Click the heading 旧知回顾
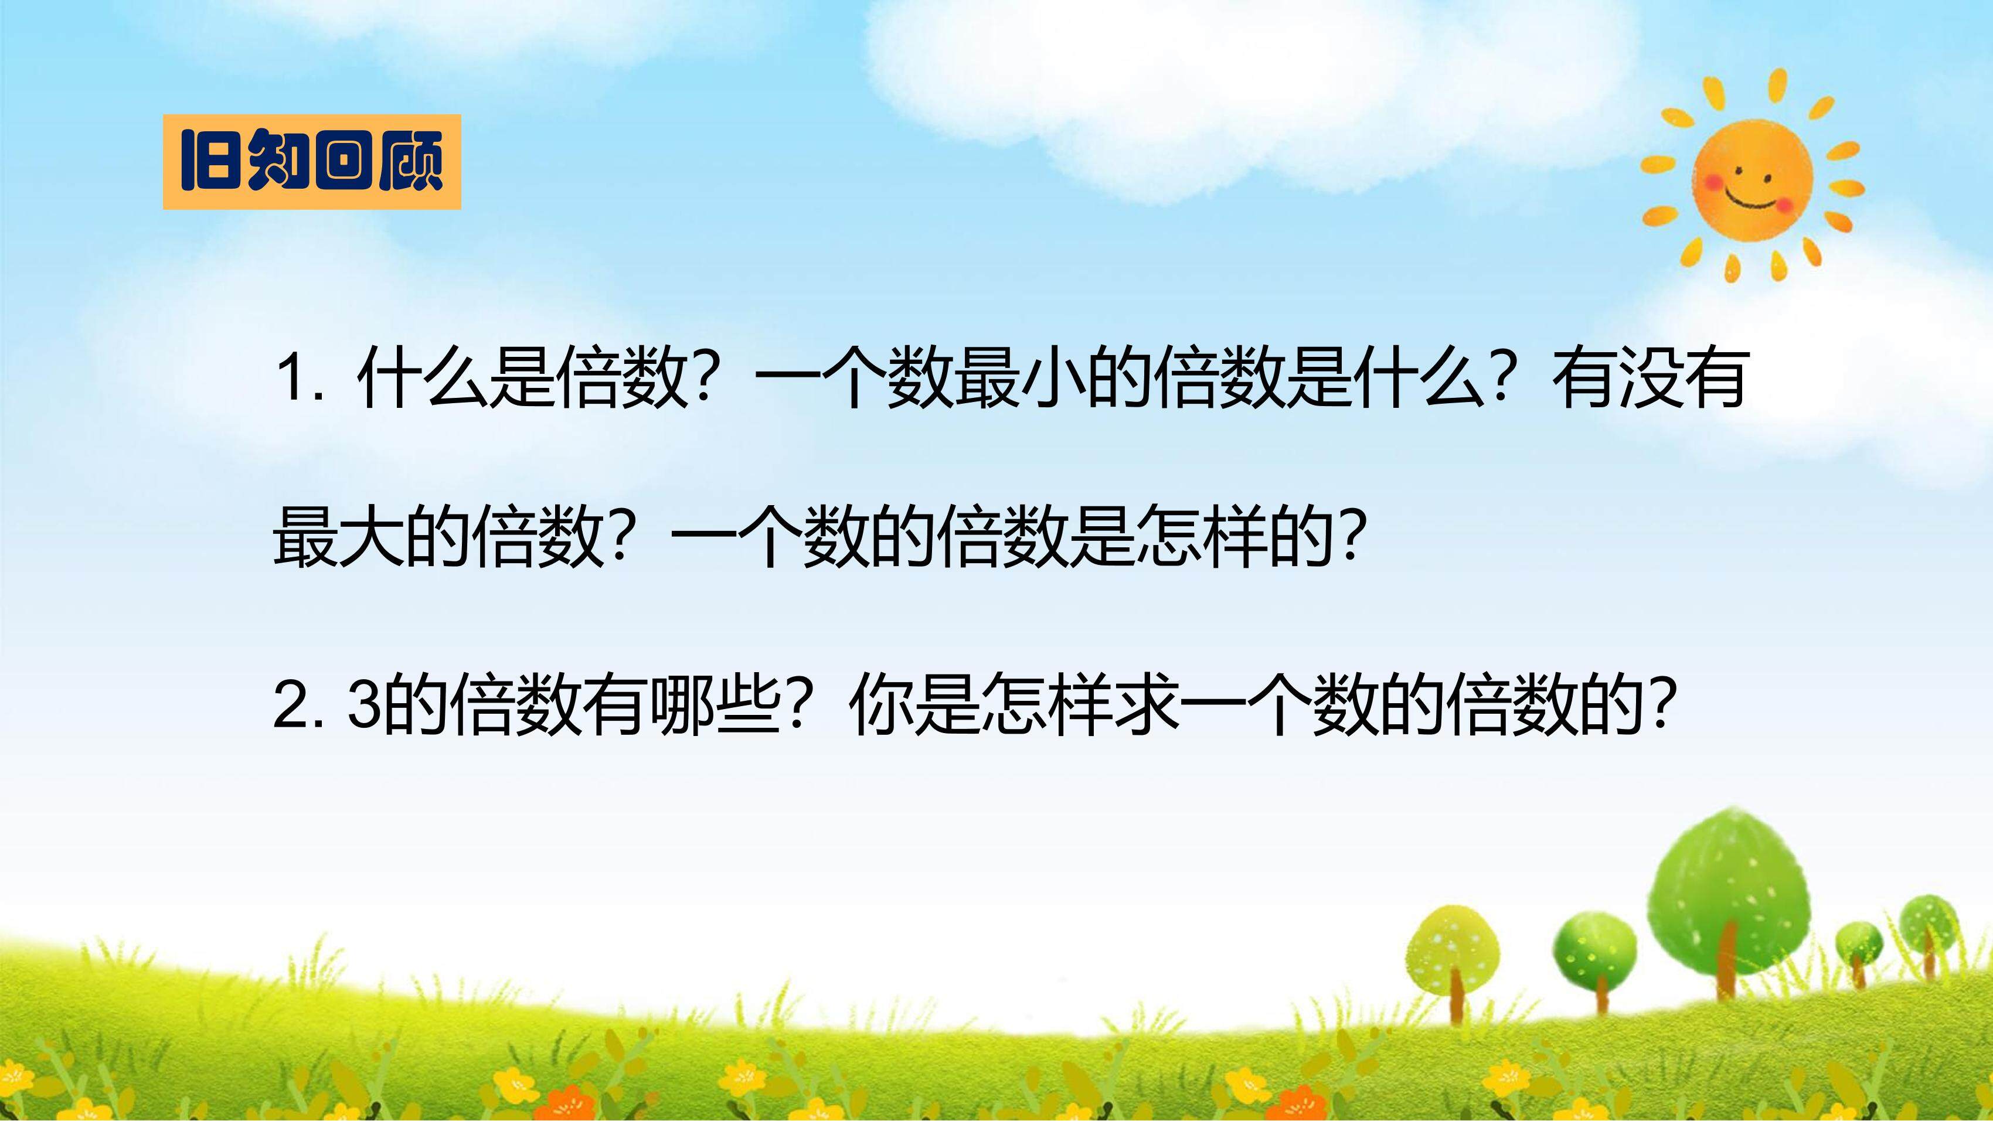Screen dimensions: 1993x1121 (311, 162)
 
